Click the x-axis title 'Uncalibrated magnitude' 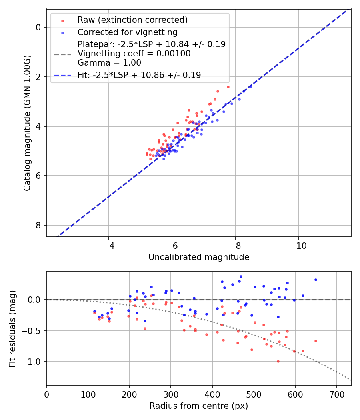point(199,257)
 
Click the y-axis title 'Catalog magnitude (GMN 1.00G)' point(27,123)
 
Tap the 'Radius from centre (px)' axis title point(199,406)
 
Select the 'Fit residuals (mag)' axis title point(12,328)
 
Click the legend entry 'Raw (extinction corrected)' point(132,20)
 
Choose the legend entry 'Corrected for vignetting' point(127,32)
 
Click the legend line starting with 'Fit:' point(139,75)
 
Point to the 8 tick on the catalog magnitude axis point(38,225)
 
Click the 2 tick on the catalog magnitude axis point(38,77)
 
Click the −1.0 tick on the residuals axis point(34,362)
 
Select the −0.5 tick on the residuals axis point(34,331)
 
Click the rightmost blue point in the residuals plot point(316,280)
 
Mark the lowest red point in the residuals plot point(278,361)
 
